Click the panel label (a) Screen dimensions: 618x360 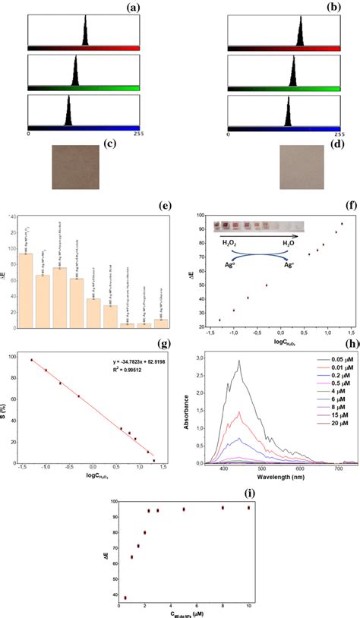(x=134, y=8)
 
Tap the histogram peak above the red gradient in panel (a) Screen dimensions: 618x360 (x=85, y=35)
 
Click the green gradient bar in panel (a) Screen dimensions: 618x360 (x=84, y=88)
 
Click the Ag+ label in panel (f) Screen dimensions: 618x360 (x=290, y=266)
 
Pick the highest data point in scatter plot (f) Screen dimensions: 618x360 (x=342, y=224)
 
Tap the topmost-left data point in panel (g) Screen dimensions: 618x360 (x=31, y=360)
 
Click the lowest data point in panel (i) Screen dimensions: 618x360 (x=125, y=598)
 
